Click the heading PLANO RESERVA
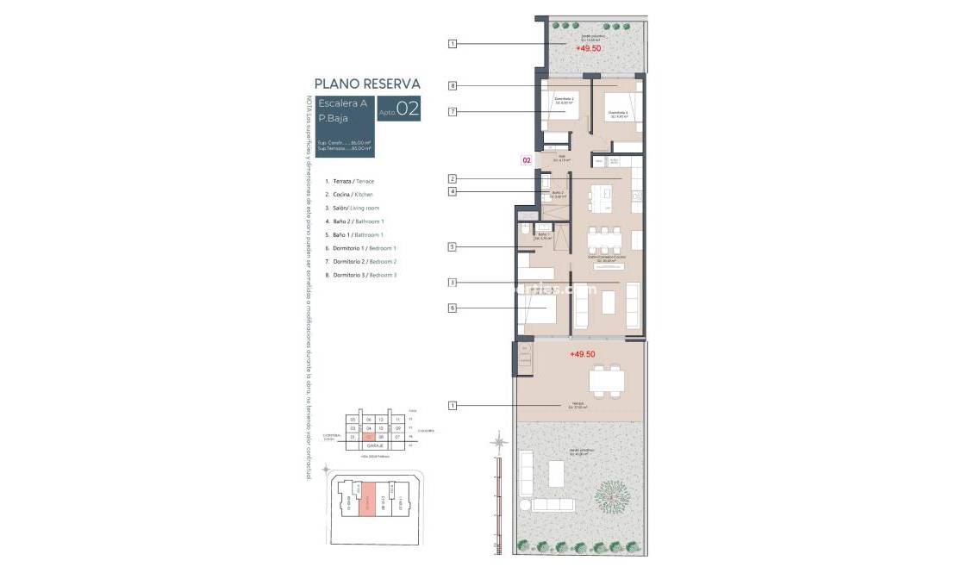coord(367,84)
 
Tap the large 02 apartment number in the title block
coord(408,109)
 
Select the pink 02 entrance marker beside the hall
coord(526,159)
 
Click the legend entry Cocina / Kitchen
coord(349,195)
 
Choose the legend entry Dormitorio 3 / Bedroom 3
coord(360,275)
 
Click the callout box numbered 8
coord(452,85)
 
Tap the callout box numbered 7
coord(452,112)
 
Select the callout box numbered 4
coord(452,191)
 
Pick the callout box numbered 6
coord(452,308)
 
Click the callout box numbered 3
coord(452,282)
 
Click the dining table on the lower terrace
coord(607,379)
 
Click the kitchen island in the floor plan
coord(596,199)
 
